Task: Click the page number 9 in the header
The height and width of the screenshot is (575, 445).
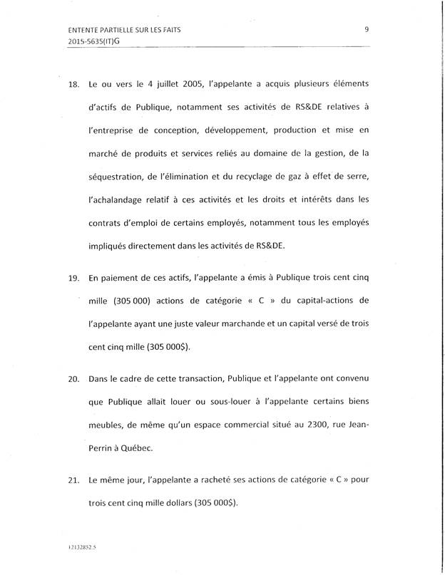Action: tap(366, 29)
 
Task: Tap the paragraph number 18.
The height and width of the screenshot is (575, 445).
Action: tap(72, 83)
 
